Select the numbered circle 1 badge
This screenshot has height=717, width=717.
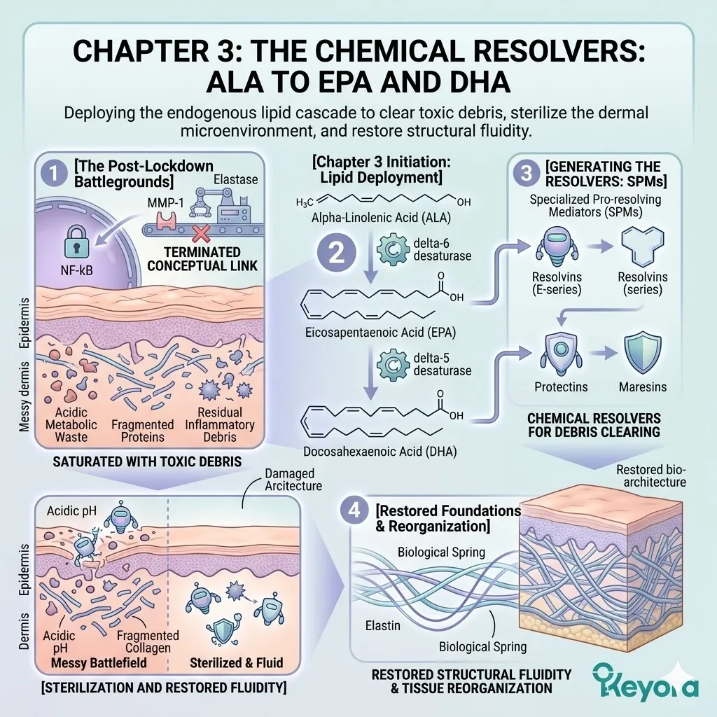(x=52, y=171)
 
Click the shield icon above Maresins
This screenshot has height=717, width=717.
(x=642, y=354)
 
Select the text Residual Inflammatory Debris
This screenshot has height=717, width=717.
(x=220, y=424)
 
